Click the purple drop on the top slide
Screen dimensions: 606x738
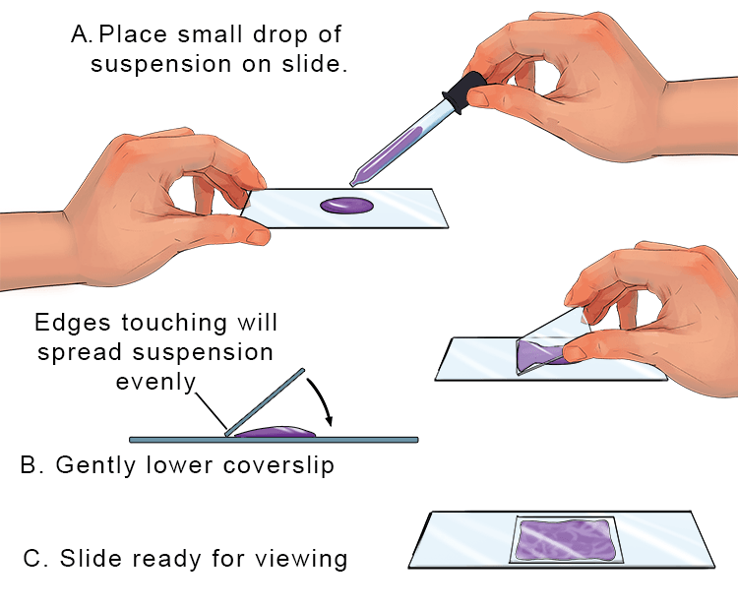pos(345,206)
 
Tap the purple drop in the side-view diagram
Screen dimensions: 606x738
pos(277,431)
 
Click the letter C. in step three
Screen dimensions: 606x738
pos(33,560)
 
